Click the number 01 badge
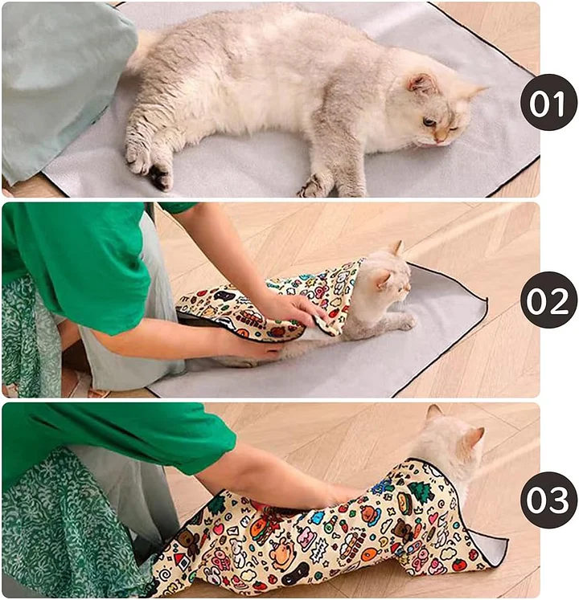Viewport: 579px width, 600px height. click(x=548, y=101)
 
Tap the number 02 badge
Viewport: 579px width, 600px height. click(x=548, y=300)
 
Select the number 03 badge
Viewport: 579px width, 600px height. click(x=548, y=499)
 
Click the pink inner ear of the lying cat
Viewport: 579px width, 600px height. click(x=421, y=84)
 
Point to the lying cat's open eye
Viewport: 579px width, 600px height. click(x=430, y=122)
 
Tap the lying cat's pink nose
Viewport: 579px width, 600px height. click(x=440, y=140)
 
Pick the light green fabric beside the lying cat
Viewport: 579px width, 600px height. click(x=56, y=88)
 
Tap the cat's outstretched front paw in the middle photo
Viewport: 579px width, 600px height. click(x=405, y=322)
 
